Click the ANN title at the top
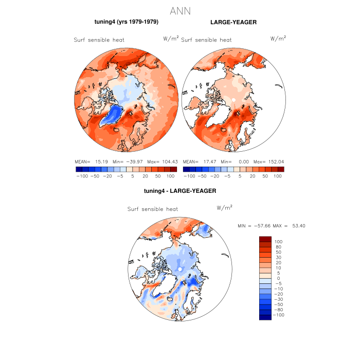pos(180,11)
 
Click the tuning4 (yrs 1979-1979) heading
pos(126,22)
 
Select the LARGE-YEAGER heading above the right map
pos(233,22)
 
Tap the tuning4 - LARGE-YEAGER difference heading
pos(180,191)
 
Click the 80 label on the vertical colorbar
pos(278,247)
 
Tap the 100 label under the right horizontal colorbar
pos(279,176)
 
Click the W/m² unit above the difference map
pos(225,207)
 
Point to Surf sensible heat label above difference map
pos(152,209)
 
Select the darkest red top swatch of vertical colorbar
pos(265,239)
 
